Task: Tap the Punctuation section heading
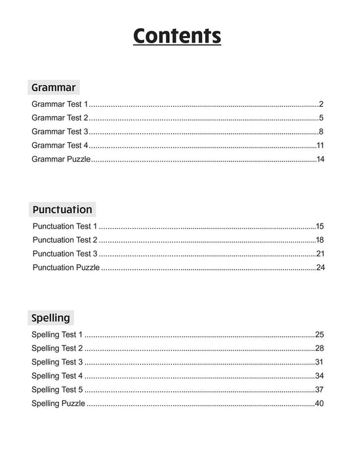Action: click(x=62, y=210)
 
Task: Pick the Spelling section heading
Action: click(x=50, y=318)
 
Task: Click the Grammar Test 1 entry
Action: click(x=60, y=104)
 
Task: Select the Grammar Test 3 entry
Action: click(x=60, y=132)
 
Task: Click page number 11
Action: click(x=321, y=146)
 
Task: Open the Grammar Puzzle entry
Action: click(x=61, y=159)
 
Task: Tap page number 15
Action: click(x=320, y=226)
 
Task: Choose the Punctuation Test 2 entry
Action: click(x=65, y=240)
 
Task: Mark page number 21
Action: click(x=320, y=254)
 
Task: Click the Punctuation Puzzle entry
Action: click(x=66, y=268)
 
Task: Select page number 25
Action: click(x=320, y=334)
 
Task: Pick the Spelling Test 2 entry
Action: click(x=58, y=348)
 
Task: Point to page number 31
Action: click(x=320, y=362)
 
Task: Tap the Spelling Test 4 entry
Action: click(x=58, y=376)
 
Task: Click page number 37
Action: click(x=320, y=389)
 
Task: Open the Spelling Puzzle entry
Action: click(x=58, y=403)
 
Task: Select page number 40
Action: click(x=320, y=403)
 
